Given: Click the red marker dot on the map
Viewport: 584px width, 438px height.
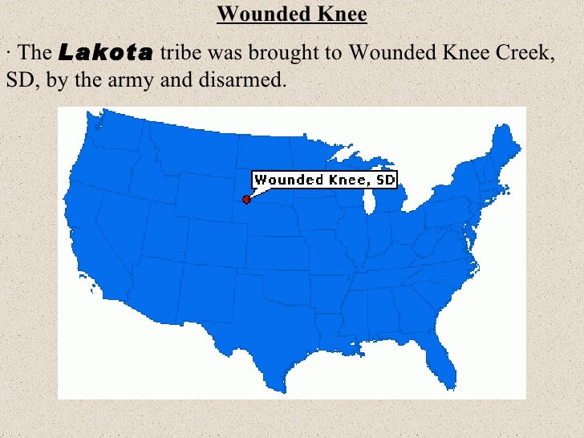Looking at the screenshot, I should tap(246, 200).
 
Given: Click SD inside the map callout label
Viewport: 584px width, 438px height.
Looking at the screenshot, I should tap(386, 180).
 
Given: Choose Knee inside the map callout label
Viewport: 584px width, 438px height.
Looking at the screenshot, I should tap(347, 180).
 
